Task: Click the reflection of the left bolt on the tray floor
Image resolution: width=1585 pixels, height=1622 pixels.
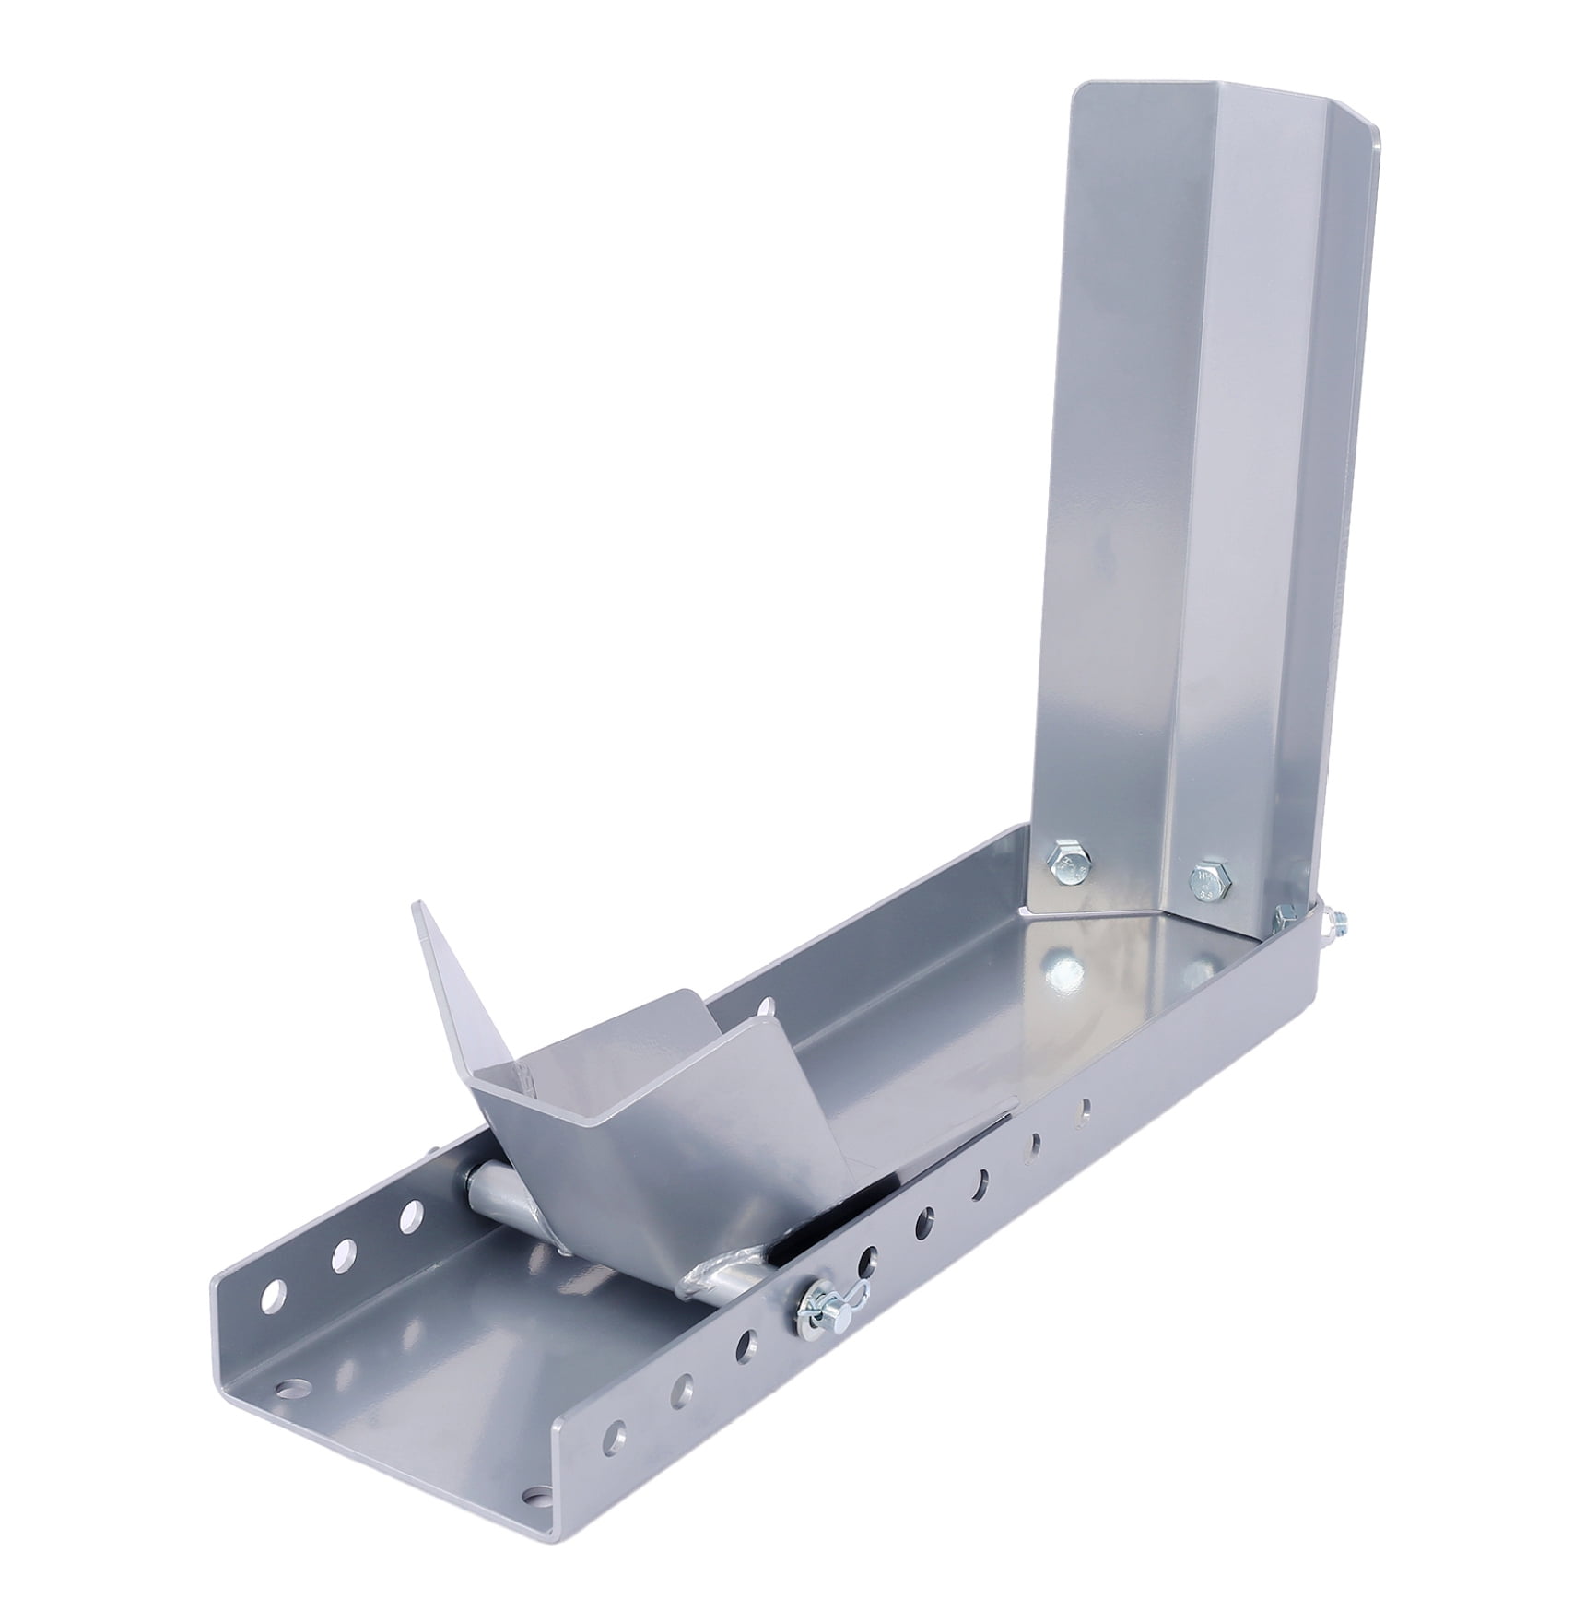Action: point(1063,966)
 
